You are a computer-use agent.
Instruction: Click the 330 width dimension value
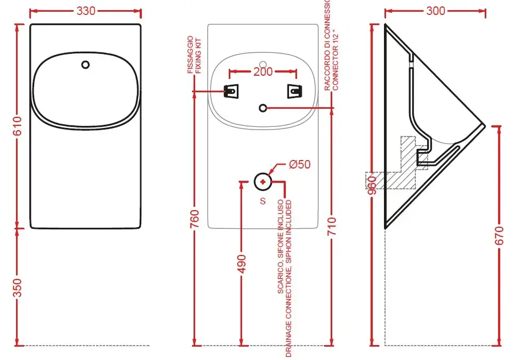pos(86,11)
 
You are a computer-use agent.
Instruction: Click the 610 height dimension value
pos(17,126)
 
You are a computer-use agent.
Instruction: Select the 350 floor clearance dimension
pos(17,287)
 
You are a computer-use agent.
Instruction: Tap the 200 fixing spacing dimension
pos(263,71)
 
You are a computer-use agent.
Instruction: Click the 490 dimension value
pos(242,262)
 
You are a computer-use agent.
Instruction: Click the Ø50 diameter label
pos(300,165)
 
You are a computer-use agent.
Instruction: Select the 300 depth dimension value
pos(436,11)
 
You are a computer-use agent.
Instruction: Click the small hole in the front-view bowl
pos(86,65)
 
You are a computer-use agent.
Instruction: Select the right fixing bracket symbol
pos(294,92)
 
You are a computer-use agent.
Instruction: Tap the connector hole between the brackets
pos(262,108)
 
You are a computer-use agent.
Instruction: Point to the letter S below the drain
pos(262,201)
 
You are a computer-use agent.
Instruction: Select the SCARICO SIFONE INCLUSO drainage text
pos(285,277)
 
